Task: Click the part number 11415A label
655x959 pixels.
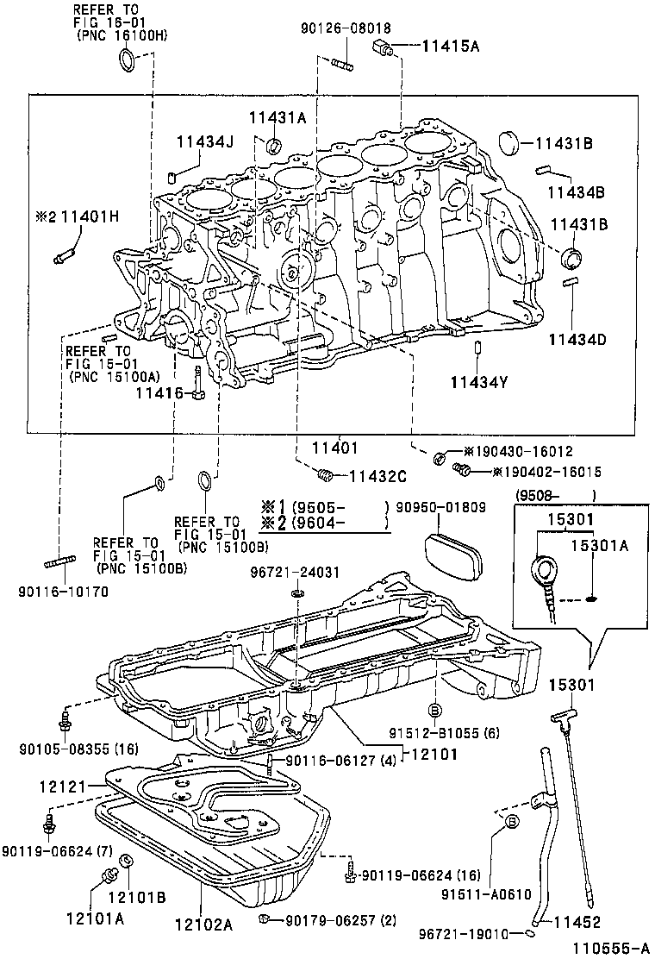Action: (x=450, y=47)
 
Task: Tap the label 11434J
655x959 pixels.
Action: (x=205, y=141)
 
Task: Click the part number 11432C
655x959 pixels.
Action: (x=377, y=475)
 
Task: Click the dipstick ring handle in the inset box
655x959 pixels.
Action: (x=546, y=570)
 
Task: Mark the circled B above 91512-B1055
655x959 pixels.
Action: (x=435, y=709)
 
